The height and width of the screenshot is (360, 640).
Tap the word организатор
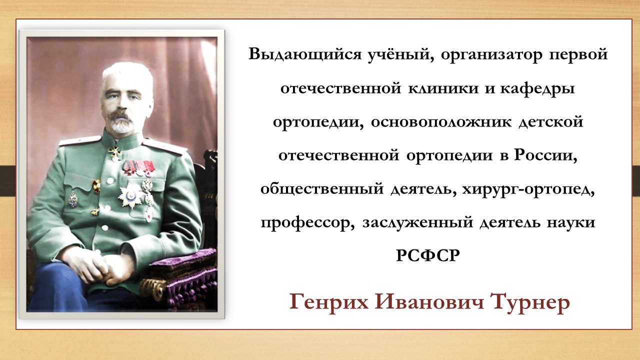pyautogui.click(x=491, y=55)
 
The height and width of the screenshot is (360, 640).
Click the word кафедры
pyautogui.click(x=537, y=89)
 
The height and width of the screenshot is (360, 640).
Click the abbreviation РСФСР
pyautogui.click(x=428, y=255)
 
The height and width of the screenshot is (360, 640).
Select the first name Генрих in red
pyautogui.click(x=329, y=302)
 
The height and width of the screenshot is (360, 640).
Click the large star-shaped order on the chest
pyautogui.click(x=130, y=195)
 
